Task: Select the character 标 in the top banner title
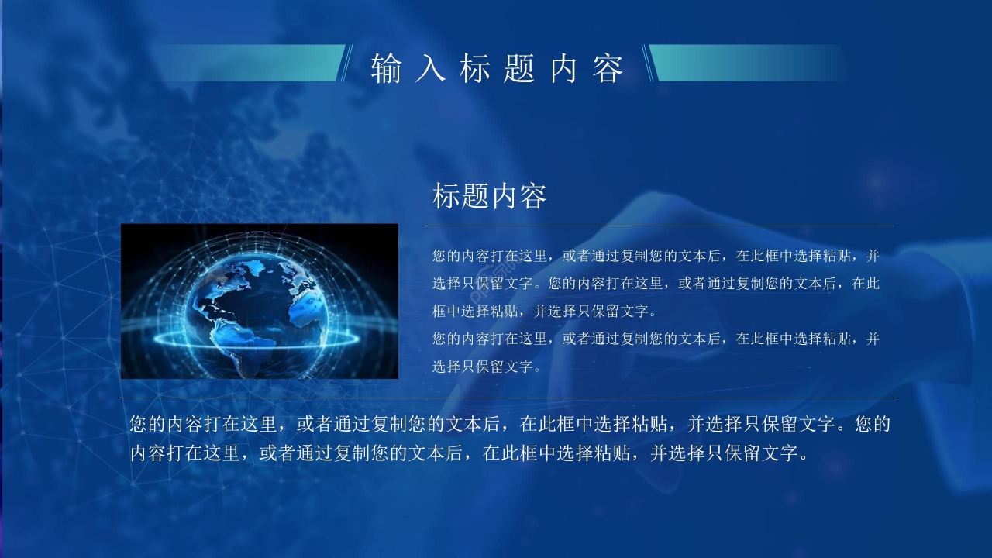click(x=474, y=69)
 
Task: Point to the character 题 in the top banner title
click(x=518, y=69)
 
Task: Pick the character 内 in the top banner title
click(x=563, y=69)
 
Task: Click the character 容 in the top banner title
click(x=608, y=69)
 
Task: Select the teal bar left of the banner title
click(x=248, y=63)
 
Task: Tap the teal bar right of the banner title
click(x=744, y=63)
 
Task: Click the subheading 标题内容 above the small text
click(x=490, y=197)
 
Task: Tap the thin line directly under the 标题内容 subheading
click(x=659, y=226)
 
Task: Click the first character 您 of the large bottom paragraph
click(x=139, y=425)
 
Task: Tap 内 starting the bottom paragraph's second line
click(x=139, y=453)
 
